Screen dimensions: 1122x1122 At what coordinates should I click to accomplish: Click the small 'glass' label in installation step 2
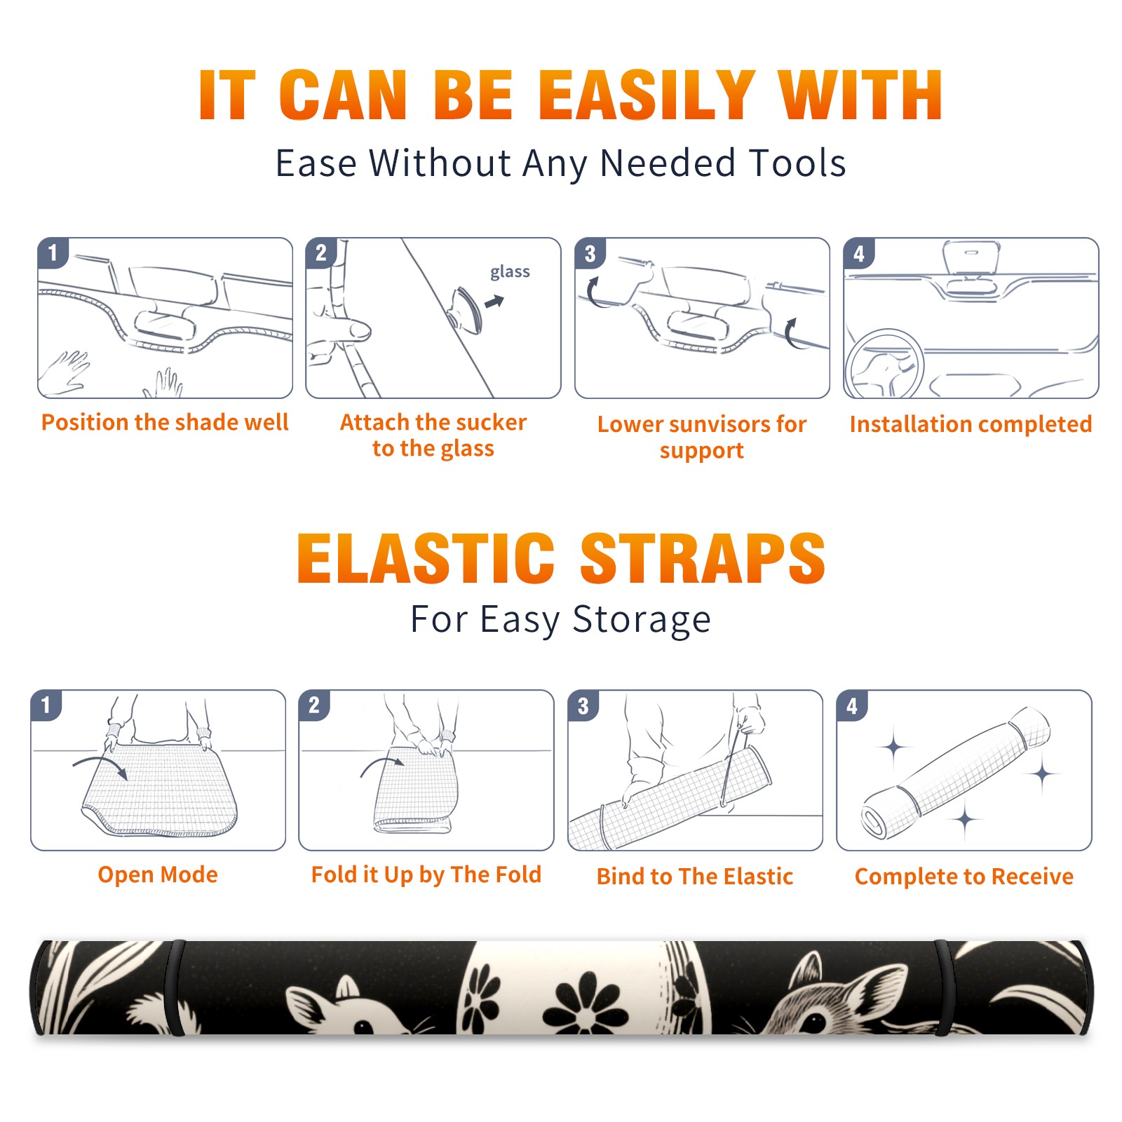(x=510, y=272)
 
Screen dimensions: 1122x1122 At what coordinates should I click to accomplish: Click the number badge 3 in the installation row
(x=590, y=253)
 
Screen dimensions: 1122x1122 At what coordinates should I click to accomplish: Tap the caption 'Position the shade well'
(x=165, y=423)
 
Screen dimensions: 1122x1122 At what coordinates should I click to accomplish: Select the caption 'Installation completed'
(x=971, y=424)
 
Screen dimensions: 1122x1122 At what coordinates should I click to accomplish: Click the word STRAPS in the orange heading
(x=703, y=558)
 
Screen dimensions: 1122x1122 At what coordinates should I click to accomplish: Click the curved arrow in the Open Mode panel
(x=100, y=765)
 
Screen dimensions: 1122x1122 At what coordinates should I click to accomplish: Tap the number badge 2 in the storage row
(x=313, y=705)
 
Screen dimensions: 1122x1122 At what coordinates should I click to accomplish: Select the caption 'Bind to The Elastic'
(x=694, y=877)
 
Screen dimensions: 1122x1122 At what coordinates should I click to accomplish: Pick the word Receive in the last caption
(x=1032, y=877)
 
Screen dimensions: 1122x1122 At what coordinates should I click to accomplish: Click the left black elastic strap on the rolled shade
(x=177, y=988)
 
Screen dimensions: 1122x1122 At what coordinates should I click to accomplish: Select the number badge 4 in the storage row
(x=852, y=705)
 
